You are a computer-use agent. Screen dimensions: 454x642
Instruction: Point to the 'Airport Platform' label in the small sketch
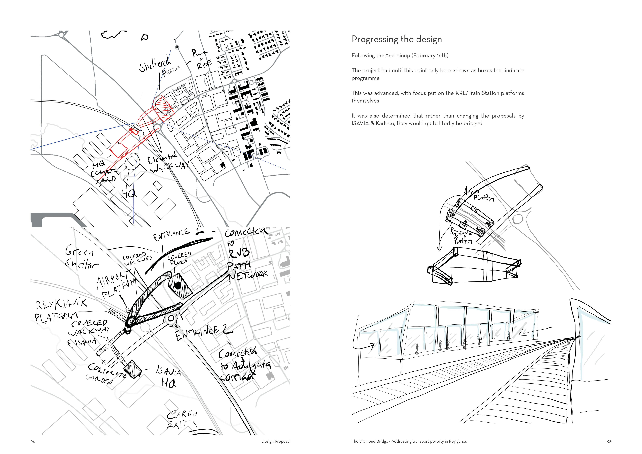[480, 195]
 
